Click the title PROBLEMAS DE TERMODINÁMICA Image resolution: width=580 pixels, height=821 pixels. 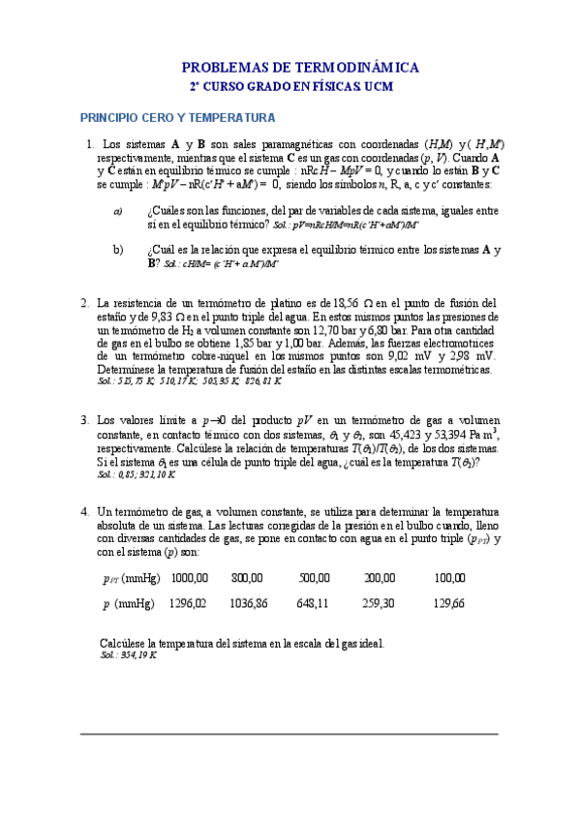pyautogui.click(x=300, y=68)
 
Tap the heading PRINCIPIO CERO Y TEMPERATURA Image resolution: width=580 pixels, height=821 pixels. pyautogui.click(x=178, y=118)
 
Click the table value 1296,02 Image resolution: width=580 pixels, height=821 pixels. pyautogui.click(x=188, y=603)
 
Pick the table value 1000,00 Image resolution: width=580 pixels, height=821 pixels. pyautogui.click(x=188, y=578)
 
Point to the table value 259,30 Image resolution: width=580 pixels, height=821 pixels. pyautogui.click(x=379, y=603)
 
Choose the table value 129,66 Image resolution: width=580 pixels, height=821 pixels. pyautogui.click(x=448, y=603)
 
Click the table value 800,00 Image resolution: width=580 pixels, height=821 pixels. pyautogui.click(x=247, y=578)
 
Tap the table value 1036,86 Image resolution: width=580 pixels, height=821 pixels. pyautogui.click(x=249, y=603)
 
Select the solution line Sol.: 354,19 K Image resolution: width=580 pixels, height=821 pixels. pyautogui.click(x=128, y=655)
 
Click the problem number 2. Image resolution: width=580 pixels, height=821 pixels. pyautogui.click(x=85, y=302)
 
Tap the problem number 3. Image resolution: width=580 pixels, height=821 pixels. pyautogui.click(x=85, y=420)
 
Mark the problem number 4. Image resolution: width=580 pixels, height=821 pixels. pyautogui.click(x=85, y=511)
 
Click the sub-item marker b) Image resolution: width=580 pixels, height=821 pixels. pyautogui.click(x=118, y=250)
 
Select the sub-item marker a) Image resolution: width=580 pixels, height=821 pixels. pyautogui.click(x=118, y=211)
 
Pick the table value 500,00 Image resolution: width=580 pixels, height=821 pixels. pyautogui.click(x=314, y=578)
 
